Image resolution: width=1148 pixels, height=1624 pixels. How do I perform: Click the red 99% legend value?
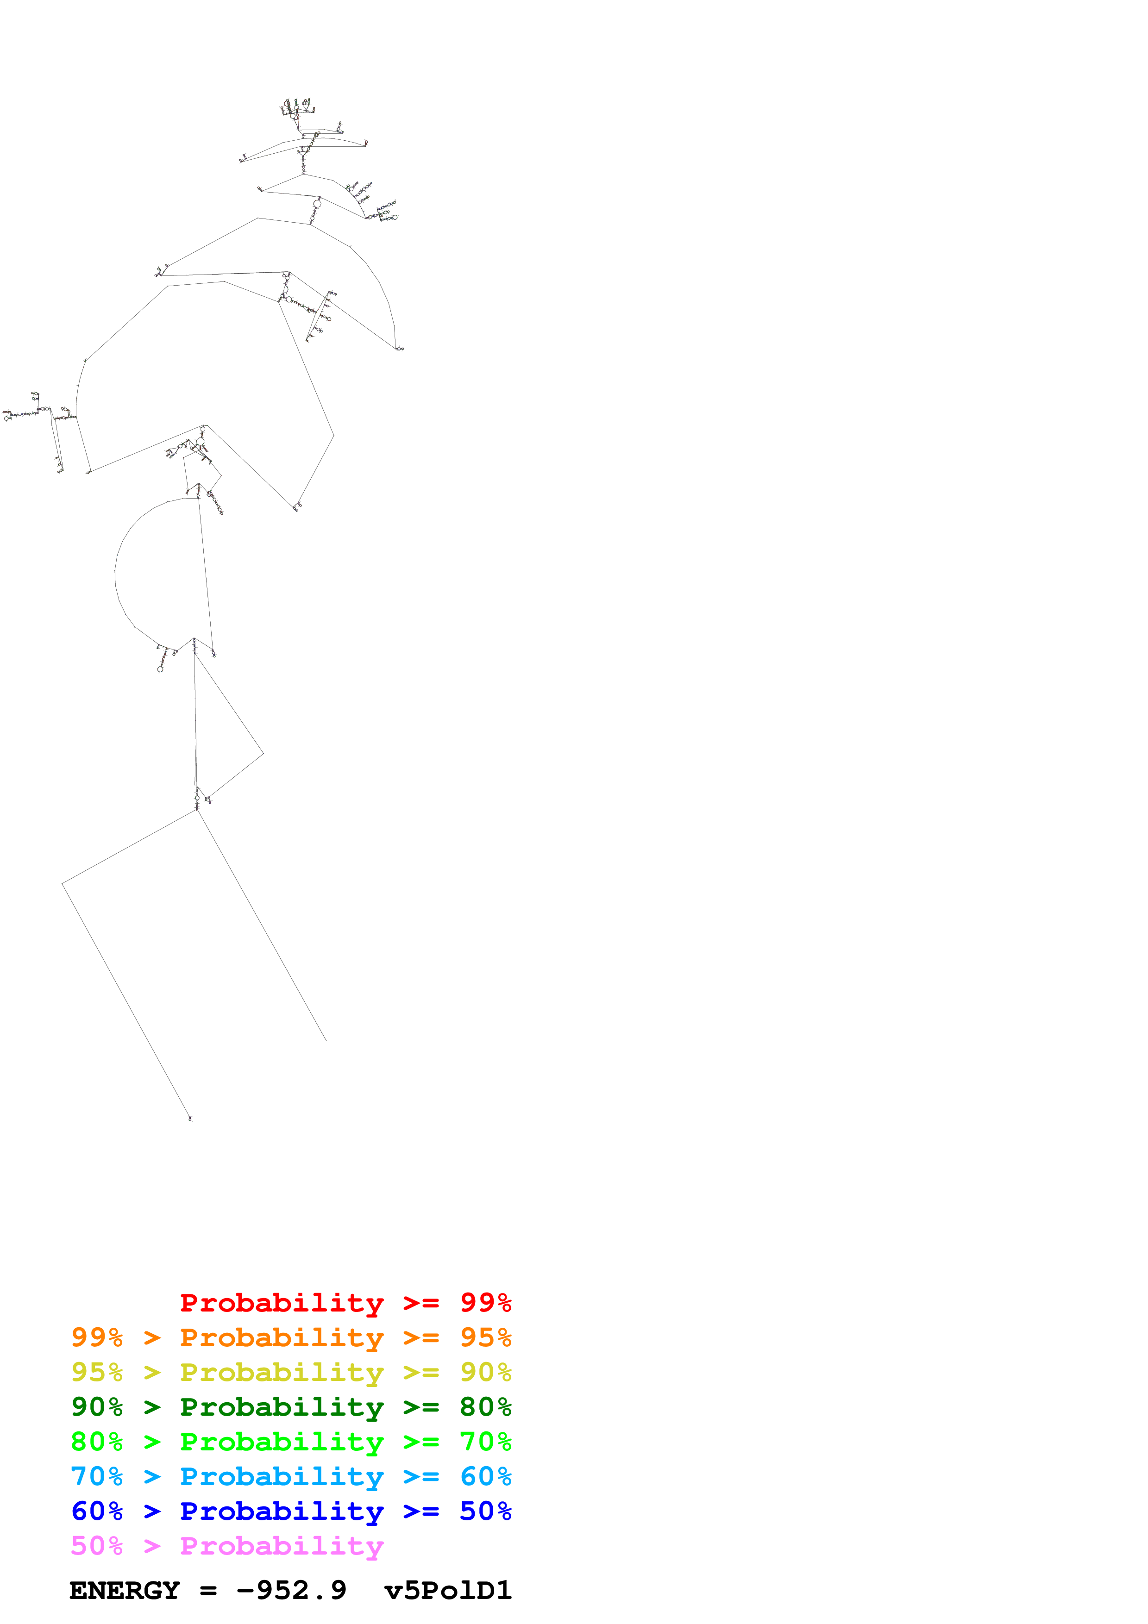pyautogui.click(x=485, y=1303)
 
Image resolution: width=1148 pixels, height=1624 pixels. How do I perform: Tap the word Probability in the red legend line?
pyautogui.click(x=282, y=1303)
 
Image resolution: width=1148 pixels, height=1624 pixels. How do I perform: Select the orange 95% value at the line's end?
pyautogui.click(x=485, y=1337)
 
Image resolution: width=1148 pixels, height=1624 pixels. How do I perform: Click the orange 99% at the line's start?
pyautogui.click(x=97, y=1337)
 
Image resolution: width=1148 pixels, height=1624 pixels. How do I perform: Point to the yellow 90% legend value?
pyautogui.click(x=485, y=1372)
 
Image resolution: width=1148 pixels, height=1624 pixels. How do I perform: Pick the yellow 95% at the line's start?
pyautogui.click(x=97, y=1372)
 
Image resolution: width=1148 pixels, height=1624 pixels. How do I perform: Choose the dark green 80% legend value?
pyautogui.click(x=485, y=1407)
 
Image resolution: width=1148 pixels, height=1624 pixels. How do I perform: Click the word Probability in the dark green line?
pyautogui.click(x=282, y=1407)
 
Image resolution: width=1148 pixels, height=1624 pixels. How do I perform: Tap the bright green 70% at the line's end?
pyautogui.click(x=485, y=1442)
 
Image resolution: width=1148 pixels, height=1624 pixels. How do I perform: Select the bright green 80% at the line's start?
pyautogui.click(x=97, y=1442)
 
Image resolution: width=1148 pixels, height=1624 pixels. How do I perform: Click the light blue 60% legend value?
pyautogui.click(x=485, y=1476)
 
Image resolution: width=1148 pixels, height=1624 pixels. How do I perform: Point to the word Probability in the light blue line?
pyautogui.click(x=282, y=1476)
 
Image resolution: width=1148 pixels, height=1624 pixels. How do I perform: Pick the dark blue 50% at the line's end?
pyautogui.click(x=485, y=1511)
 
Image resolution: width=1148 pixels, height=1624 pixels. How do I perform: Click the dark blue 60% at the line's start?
pyautogui.click(x=97, y=1511)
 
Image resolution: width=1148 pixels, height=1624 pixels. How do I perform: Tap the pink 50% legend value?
pyautogui.click(x=97, y=1545)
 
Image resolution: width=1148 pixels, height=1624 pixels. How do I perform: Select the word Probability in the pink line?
pyautogui.click(x=282, y=1545)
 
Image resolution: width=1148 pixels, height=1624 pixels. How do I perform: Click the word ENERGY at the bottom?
pyautogui.click(x=125, y=1591)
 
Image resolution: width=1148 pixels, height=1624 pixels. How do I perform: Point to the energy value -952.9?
pyautogui.click(x=291, y=1591)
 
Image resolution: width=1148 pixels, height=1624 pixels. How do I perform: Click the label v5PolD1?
pyautogui.click(x=448, y=1591)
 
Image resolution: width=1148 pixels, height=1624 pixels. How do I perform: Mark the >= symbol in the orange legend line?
pyautogui.click(x=421, y=1337)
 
